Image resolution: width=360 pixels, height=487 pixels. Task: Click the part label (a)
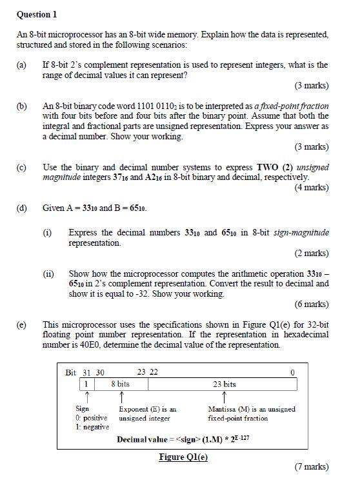[x=22, y=65]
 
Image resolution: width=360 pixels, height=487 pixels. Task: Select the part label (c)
[x=22, y=167]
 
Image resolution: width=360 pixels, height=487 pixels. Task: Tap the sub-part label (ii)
[x=49, y=273]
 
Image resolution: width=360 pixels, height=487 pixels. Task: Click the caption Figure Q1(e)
[x=183, y=457]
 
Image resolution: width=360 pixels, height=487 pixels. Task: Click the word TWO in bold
[x=268, y=167]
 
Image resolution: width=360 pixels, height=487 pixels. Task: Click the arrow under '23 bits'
[x=224, y=396]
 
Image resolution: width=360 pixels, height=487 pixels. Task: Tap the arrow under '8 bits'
[x=121, y=396]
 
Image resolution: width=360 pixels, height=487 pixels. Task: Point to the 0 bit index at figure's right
[x=292, y=372]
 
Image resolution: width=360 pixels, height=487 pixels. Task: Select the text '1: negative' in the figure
[x=92, y=426]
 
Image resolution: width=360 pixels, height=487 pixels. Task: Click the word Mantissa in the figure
[x=223, y=409]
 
